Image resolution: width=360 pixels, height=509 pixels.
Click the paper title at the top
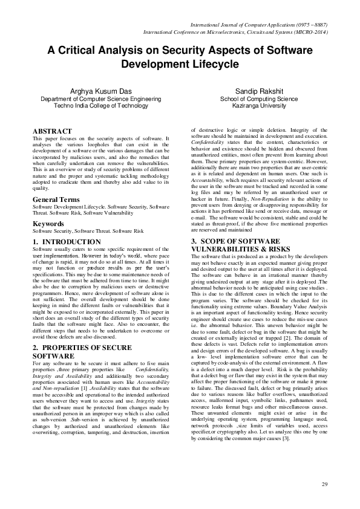click(x=180, y=57)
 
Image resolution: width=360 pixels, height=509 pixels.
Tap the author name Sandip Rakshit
click(x=258, y=90)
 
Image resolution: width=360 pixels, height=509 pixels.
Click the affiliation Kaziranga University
click(x=258, y=105)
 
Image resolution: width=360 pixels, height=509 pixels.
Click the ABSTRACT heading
click(x=52, y=131)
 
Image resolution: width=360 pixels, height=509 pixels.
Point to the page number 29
click(x=324, y=484)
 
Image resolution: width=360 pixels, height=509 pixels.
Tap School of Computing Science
click(x=258, y=97)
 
